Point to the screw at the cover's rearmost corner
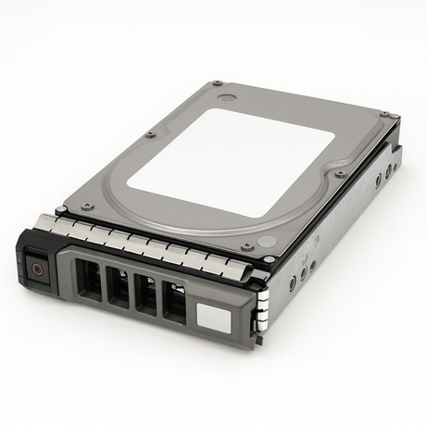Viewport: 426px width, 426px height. tap(217, 82)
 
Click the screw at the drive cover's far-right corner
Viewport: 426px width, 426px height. tap(393, 115)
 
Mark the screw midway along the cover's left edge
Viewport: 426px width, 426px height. tap(150, 134)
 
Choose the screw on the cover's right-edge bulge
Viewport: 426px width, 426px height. tap(341, 173)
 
